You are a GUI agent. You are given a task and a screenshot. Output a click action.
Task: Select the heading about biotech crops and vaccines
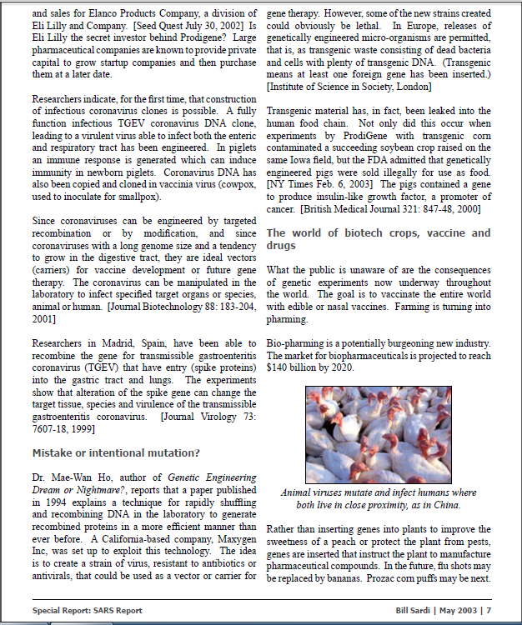point(378,239)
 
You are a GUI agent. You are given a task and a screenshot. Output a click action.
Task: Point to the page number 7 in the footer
point(489,611)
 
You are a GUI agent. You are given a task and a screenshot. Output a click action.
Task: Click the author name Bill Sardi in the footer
point(415,611)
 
